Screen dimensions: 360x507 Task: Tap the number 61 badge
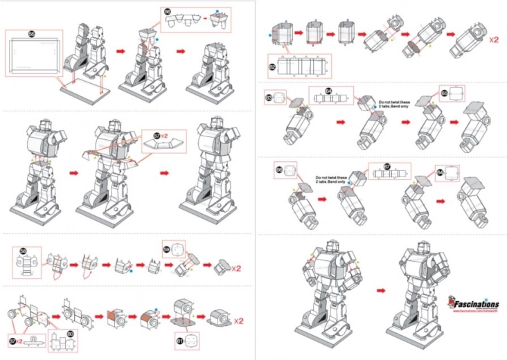coord(180,340)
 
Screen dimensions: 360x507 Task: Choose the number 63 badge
coord(269,98)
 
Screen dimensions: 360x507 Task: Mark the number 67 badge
coord(388,166)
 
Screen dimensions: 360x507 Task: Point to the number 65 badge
coord(444,92)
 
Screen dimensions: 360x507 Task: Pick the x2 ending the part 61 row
coord(238,321)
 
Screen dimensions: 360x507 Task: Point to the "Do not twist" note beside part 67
coord(331,179)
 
